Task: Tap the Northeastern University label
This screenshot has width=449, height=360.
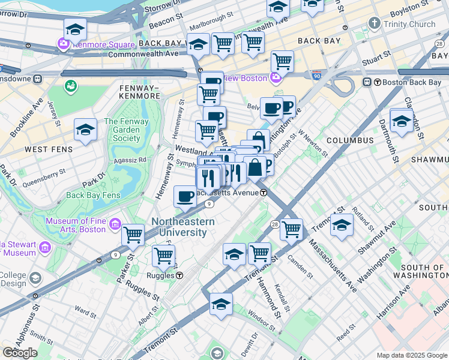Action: tap(183, 227)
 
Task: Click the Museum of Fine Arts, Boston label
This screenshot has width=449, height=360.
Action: tap(75, 225)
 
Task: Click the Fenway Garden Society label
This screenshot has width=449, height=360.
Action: tap(122, 130)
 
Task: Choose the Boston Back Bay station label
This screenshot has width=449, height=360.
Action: tap(411, 82)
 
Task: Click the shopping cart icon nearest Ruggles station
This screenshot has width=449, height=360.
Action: tap(163, 256)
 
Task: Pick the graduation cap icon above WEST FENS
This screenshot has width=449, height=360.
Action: tap(86, 130)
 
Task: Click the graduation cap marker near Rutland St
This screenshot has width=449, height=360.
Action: tap(342, 225)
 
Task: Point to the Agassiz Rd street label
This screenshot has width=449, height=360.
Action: tap(134, 160)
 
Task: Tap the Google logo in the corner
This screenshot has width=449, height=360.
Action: tap(20, 353)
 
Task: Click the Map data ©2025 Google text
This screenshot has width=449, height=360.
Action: tap(411, 355)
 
